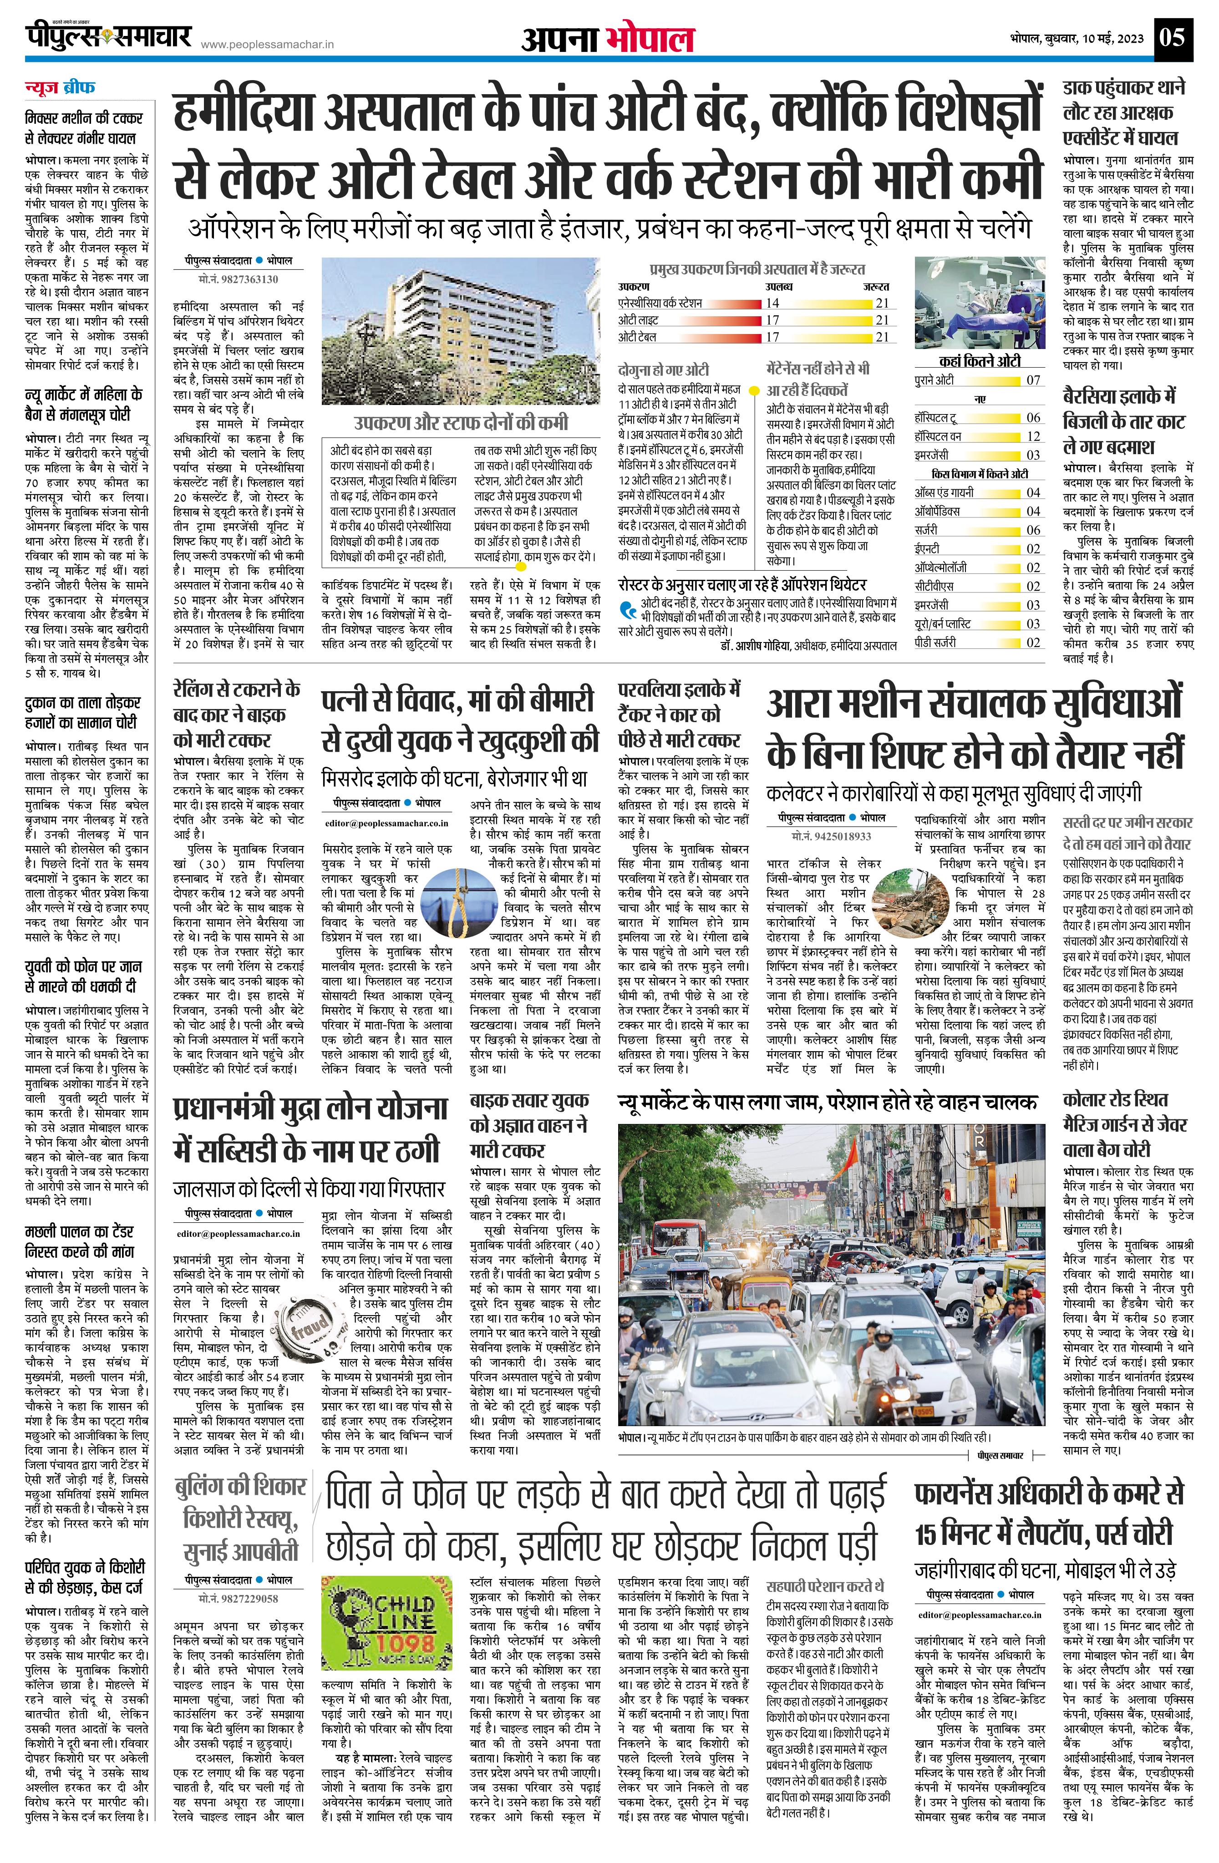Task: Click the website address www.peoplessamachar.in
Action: click(x=268, y=46)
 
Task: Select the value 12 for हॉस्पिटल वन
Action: click(x=1033, y=436)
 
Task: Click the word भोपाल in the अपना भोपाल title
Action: click(x=650, y=38)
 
